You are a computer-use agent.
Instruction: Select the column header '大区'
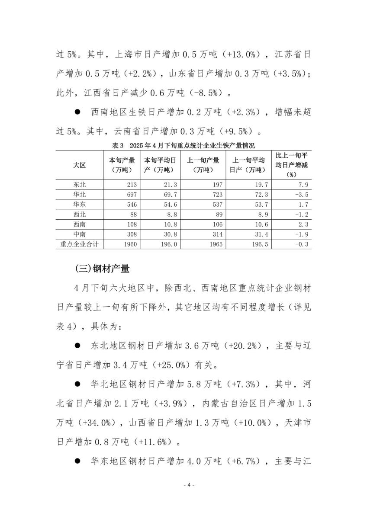click(x=80, y=165)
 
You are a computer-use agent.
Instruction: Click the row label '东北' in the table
click(x=80, y=185)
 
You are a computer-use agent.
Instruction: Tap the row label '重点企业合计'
click(x=80, y=244)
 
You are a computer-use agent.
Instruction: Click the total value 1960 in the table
click(x=129, y=244)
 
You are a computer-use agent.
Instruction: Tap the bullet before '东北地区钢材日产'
click(x=78, y=346)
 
